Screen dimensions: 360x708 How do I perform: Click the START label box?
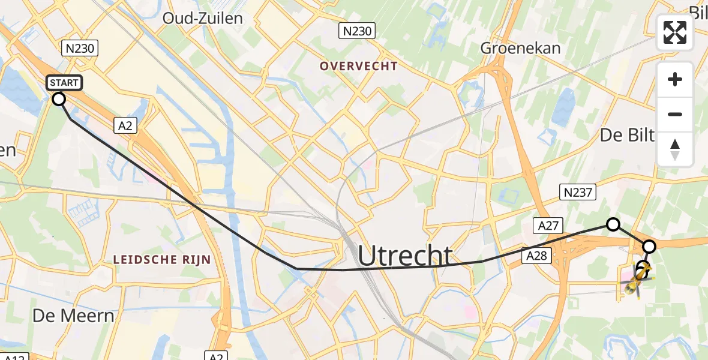62,83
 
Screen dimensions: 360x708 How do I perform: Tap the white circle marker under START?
59,99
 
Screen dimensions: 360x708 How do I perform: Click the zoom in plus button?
675,79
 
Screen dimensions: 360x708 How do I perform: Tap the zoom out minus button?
675,114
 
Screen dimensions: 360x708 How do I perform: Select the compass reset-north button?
675,149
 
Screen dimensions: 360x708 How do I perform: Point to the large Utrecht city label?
405,256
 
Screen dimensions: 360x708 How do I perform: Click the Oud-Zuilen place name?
203,18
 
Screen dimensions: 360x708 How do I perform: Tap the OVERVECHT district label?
359,66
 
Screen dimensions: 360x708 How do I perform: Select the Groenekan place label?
521,48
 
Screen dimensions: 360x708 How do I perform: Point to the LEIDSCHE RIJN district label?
162,260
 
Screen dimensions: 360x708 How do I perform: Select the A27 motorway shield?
548,225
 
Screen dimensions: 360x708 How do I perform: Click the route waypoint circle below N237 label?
613,224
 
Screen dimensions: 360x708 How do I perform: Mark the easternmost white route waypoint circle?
649,246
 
